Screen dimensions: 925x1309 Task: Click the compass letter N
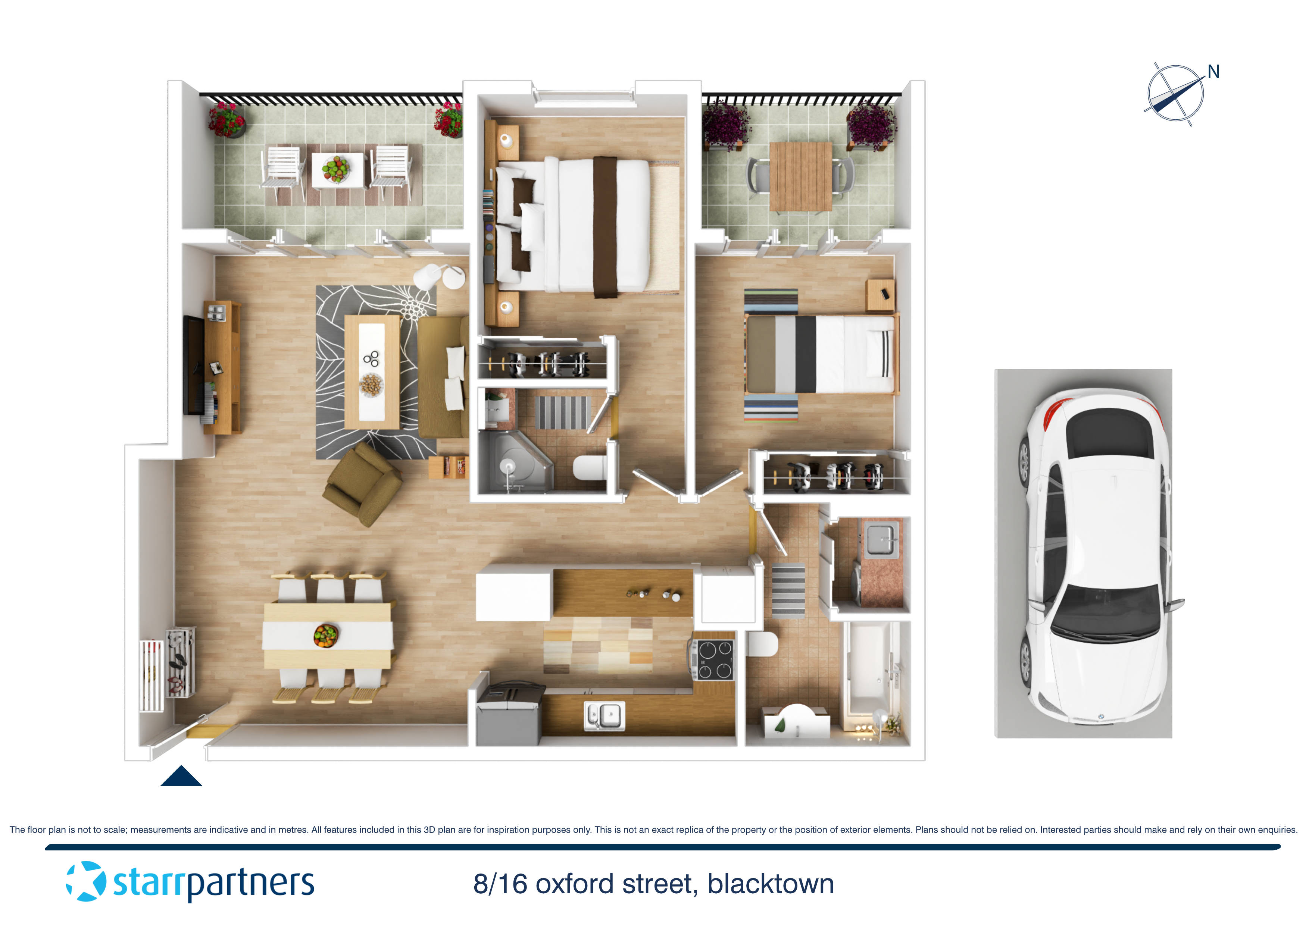coord(1213,72)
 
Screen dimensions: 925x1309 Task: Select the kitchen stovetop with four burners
coord(714,660)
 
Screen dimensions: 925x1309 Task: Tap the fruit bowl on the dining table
coord(326,635)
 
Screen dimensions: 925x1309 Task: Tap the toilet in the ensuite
coord(590,467)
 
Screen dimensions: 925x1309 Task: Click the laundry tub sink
coord(881,540)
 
